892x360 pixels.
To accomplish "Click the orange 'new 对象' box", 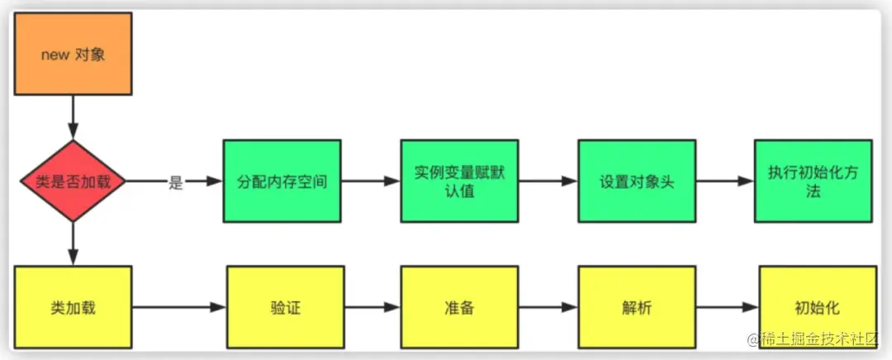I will click(x=73, y=54).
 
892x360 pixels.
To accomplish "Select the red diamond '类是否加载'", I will click(x=74, y=181).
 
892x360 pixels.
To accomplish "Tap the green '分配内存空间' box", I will click(x=281, y=181).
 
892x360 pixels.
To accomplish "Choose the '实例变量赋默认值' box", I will click(x=458, y=181).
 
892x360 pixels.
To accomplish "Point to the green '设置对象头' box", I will click(x=636, y=181).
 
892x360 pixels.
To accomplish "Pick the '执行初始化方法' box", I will click(x=813, y=181).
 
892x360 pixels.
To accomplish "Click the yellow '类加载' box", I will click(x=74, y=307).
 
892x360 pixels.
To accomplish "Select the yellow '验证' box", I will click(x=281, y=307).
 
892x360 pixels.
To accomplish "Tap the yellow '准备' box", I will click(x=458, y=307).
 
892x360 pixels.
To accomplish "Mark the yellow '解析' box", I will click(x=636, y=307).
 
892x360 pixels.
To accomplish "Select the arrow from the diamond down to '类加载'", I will click(x=74, y=244).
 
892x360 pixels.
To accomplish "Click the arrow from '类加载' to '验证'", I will click(x=178, y=307).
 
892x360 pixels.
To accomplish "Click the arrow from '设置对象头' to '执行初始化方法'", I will click(x=724, y=181).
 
